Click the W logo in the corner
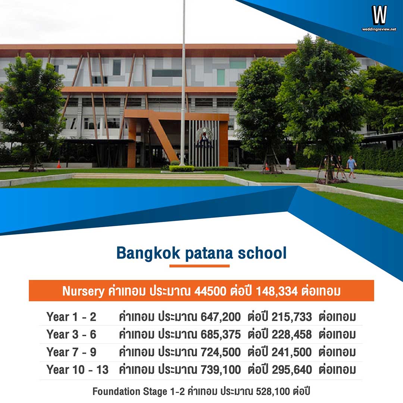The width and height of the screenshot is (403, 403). point(379,15)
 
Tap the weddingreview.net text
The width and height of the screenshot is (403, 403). point(379,29)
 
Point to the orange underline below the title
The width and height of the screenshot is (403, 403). point(199,266)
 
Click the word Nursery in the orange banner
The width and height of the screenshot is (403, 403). point(83,291)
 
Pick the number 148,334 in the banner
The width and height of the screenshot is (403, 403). point(277,291)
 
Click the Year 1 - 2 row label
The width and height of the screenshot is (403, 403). point(71,317)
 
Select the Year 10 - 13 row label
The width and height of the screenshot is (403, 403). point(77,370)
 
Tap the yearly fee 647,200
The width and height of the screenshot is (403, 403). point(221,317)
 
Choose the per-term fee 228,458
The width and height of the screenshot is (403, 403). point(291,335)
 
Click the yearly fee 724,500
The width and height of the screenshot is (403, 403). point(221,352)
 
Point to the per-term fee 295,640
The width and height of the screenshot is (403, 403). point(291,370)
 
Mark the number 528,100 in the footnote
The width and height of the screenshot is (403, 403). point(273,392)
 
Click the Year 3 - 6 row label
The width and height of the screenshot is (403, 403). point(71,335)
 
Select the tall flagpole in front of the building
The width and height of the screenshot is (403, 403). point(183,82)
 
